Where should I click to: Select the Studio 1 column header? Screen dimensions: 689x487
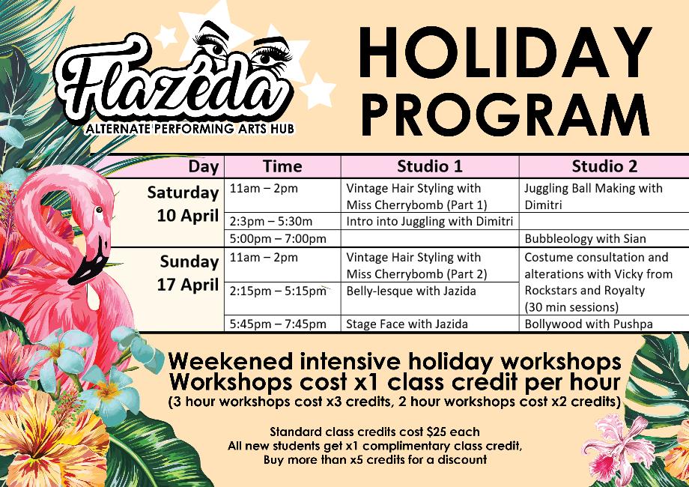click(429, 166)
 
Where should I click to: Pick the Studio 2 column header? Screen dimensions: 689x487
click(604, 166)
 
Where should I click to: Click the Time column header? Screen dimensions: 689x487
click(282, 166)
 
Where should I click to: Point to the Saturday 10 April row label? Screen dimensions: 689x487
click(183, 204)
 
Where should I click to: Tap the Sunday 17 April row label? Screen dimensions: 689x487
click(188, 273)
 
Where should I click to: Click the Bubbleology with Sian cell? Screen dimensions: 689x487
click(586, 239)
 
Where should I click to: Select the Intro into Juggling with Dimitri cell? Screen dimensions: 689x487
click(429, 221)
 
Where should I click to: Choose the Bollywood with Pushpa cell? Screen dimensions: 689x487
click(589, 324)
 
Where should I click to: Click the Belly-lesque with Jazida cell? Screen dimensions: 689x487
click(411, 291)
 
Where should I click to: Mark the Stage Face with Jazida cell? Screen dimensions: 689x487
click(407, 324)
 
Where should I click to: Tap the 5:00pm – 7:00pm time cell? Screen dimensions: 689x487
click(278, 239)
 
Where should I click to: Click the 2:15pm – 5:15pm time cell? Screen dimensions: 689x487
click(278, 291)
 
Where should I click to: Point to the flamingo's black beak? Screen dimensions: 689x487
click(89, 263)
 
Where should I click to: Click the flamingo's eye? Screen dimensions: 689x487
click(100, 210)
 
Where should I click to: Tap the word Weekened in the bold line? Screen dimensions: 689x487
click(230, 361)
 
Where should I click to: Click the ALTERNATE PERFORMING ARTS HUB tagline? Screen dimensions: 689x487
click(189, 129)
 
